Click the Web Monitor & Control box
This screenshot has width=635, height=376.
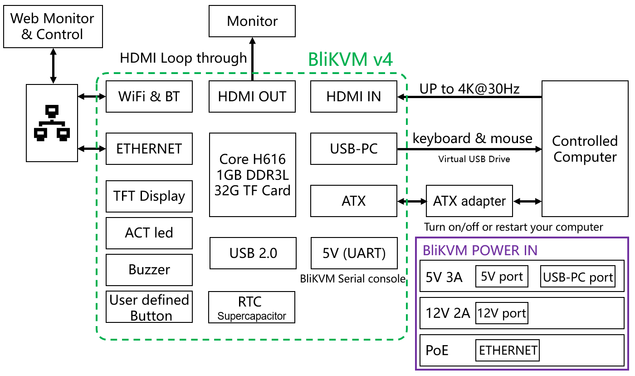coord(53,26)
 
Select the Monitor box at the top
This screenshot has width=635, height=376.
coord(252,21)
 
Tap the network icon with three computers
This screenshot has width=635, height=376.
coord(52,123)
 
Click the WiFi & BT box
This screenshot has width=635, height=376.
coord(149,96)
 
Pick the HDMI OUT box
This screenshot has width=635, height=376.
coord(252,96)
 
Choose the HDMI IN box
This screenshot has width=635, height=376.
coord(354,96)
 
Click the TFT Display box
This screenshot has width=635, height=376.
coord(149,196)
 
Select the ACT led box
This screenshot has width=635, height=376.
coord(149,233)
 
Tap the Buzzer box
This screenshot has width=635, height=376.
coord(149,270)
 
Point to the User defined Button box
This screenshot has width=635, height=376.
coord(149,307)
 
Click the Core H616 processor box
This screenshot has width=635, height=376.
coord(252,175)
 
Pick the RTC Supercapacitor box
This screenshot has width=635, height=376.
coord(252,307)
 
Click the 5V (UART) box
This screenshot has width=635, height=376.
coord(354,253)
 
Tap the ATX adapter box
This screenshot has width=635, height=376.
coord(469,201)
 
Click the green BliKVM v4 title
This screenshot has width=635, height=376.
coord(350,59)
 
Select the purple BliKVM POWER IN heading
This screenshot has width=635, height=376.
coord(480,250)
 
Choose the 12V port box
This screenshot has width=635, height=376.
coord(502,313)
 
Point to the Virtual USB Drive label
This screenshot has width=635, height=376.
coord(474,159)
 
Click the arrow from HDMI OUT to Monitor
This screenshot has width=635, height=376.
coord(252,57)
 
